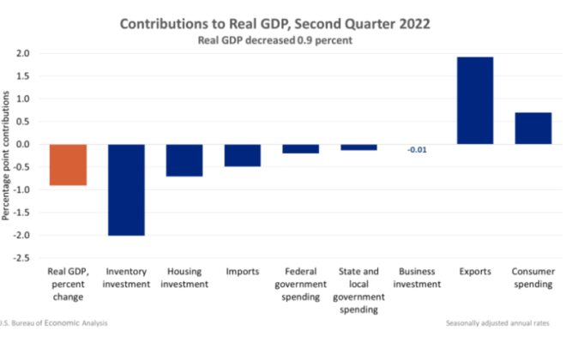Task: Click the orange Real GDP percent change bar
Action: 68,165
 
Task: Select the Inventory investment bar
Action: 126,189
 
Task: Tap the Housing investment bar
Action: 184,160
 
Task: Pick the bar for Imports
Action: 243,155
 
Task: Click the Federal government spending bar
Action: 300,148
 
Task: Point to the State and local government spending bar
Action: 358,147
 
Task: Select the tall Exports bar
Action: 474,100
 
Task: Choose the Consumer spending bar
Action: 533,129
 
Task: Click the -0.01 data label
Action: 417,150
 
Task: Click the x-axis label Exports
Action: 474,272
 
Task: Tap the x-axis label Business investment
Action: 417,278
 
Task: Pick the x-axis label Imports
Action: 243,272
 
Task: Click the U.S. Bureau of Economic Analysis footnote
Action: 56,323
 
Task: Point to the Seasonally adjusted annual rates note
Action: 498,323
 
